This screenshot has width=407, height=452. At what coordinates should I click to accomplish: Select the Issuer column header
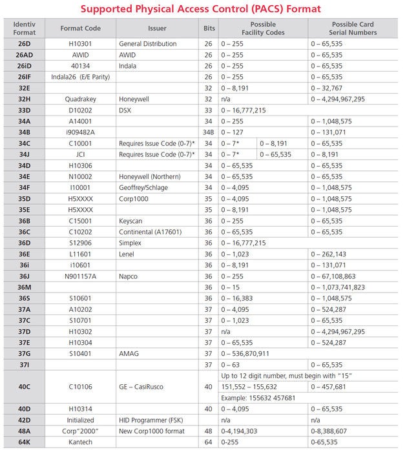click(x=157, y=28)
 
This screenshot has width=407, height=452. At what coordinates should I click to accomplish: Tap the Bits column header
click(x=209, y=28)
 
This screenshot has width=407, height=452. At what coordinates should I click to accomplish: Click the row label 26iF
click(x=25, y=76)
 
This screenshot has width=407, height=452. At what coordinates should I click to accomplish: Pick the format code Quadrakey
click(x=81, y=99)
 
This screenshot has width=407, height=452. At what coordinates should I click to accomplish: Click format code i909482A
click(x=81, y=132)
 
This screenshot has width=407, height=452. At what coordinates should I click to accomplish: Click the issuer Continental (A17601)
click(x=151, y=232)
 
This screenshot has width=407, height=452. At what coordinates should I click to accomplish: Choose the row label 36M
click(x=25, y=287)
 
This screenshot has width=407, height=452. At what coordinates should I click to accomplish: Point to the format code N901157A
click(x=81, y=276)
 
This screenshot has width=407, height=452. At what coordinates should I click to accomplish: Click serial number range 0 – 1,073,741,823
click(x=338, y=287)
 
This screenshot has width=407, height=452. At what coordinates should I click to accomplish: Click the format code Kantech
click(x=81, y=442)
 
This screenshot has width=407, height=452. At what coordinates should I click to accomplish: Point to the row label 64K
click(x=25, y=442)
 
